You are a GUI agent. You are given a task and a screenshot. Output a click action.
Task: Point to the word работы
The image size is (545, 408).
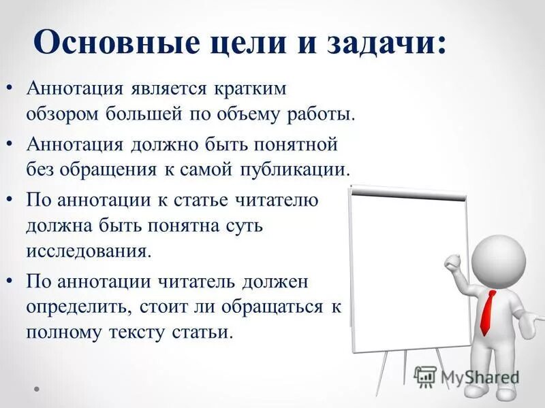(322, 114)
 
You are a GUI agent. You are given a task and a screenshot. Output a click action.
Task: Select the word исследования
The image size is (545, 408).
(87, 251)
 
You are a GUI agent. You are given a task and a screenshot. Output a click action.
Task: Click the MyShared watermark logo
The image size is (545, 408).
(467, 377)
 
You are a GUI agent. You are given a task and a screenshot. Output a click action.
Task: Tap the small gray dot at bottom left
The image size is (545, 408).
(37, 389)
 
